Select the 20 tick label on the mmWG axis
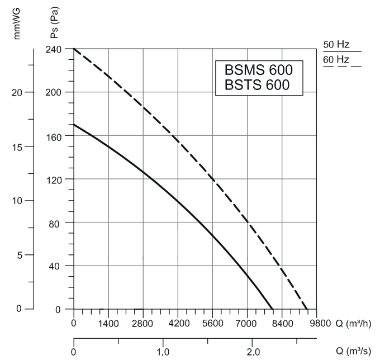click(16, 92)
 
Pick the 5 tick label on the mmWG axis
click(19, 255)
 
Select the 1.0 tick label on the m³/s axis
click(163, 353)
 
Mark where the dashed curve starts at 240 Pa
click(74, 49)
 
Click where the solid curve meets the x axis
click(272, 309)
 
